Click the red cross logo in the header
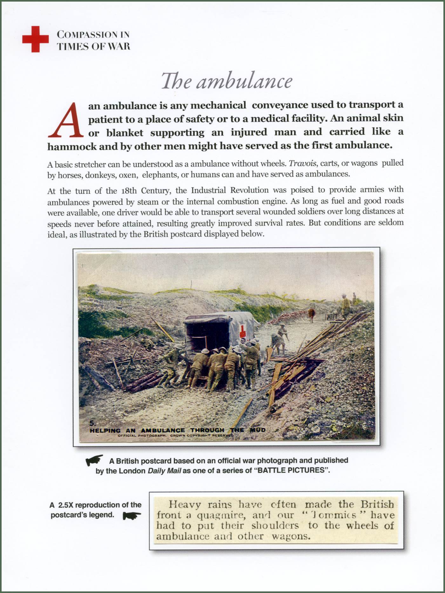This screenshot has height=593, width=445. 35,39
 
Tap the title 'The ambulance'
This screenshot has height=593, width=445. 226,81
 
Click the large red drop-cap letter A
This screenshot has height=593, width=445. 66,120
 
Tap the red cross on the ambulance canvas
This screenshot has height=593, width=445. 243,332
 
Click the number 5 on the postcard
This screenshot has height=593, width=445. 92,423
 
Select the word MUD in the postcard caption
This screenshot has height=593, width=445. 258,430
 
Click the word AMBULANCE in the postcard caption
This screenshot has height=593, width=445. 163,431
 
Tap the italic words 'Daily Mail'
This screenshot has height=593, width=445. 164,471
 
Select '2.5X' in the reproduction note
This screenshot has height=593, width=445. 65,505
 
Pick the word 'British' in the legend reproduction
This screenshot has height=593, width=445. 377,505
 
